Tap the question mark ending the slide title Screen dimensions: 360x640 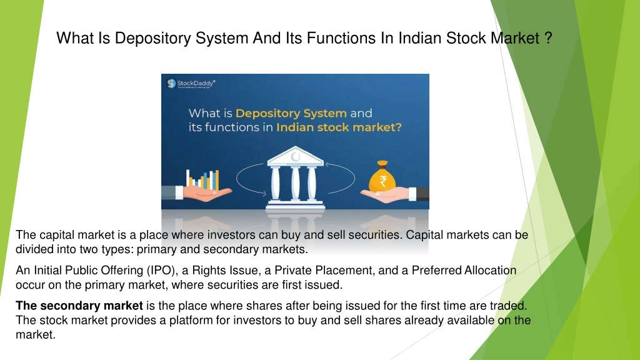coord(547,38)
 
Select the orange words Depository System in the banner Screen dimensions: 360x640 coord(291,113)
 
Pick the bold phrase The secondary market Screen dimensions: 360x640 coord(79,306)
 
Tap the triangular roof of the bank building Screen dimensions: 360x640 coord(295,156)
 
